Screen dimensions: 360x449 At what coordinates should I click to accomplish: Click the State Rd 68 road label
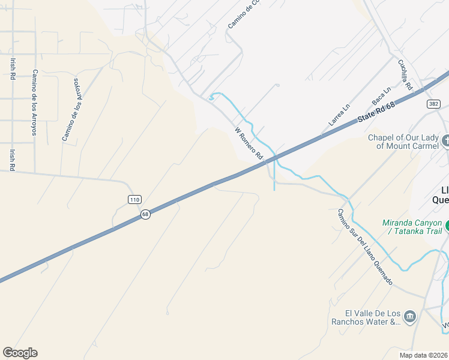point(378,113)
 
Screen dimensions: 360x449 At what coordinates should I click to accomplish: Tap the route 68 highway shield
point(145,214)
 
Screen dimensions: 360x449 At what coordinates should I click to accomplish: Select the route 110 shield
point(134,199)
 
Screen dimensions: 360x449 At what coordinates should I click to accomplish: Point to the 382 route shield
point(433,104)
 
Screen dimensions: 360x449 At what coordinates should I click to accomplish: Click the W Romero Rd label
point(249,143)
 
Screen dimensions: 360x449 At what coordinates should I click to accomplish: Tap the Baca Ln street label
point(381,95)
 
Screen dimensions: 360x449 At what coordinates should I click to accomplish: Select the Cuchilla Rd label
point(405,74)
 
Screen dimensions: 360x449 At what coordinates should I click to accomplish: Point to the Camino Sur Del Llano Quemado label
point(364,247)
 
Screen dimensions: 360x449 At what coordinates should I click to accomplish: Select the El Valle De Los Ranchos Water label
point(373,317)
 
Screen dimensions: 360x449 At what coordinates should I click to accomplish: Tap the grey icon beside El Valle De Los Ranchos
point(410,316)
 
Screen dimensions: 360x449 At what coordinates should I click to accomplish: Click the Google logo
point(20,353)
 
